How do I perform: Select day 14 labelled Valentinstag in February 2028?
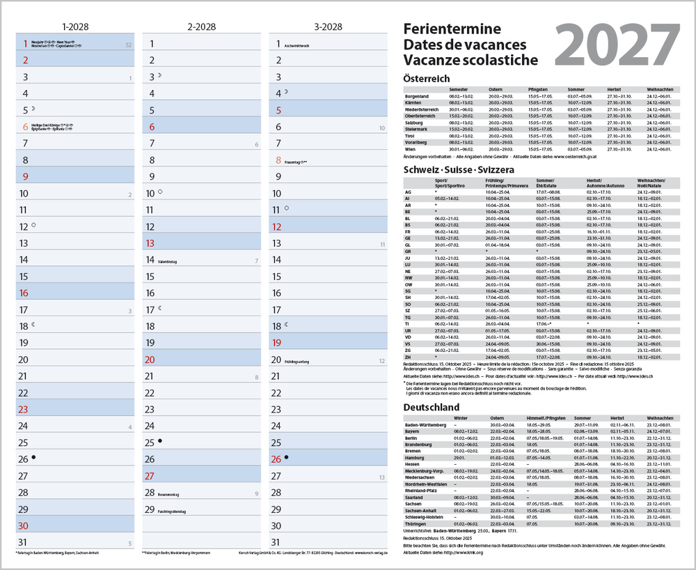click(150, 260)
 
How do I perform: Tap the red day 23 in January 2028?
click(23, 410)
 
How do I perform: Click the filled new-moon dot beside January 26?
click(33, 458)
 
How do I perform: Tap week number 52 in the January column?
click(127, 45)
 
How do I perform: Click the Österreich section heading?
click(426, 79)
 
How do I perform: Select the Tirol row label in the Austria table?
click(411, 136)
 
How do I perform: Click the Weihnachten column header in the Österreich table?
click(659, 90)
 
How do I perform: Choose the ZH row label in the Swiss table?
click(408, 357)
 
